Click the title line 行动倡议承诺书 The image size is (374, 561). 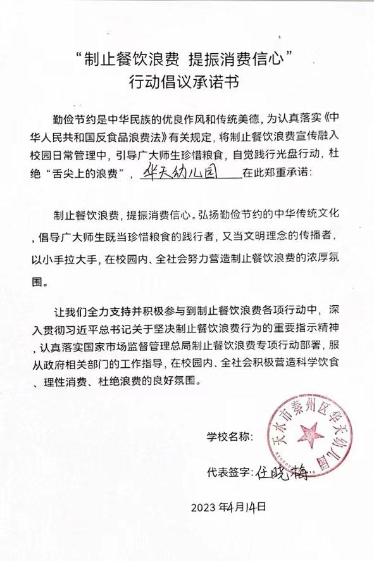click(187, 82)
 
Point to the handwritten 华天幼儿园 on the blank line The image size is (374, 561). click(188, 172)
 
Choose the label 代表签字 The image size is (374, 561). click(230, 473)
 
